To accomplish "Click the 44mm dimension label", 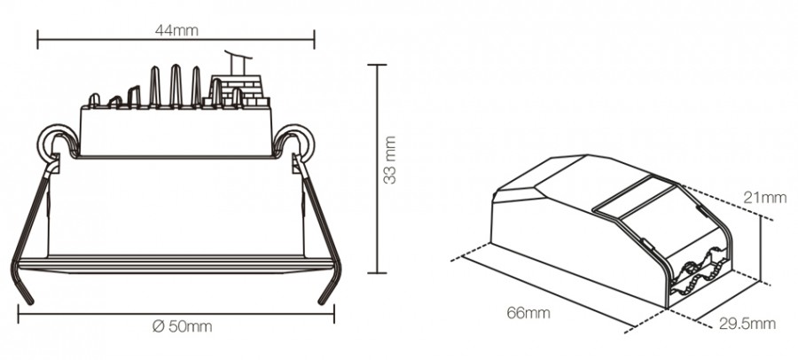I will point(176,29).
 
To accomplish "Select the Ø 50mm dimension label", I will point(182,326).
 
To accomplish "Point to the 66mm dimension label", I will point(528,313).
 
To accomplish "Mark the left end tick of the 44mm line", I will point(38,38).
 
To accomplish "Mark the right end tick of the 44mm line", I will point(314,38).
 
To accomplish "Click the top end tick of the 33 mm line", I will point(378,65).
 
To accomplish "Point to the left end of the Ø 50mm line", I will point(17,312).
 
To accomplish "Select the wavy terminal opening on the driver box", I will point(700,270).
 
